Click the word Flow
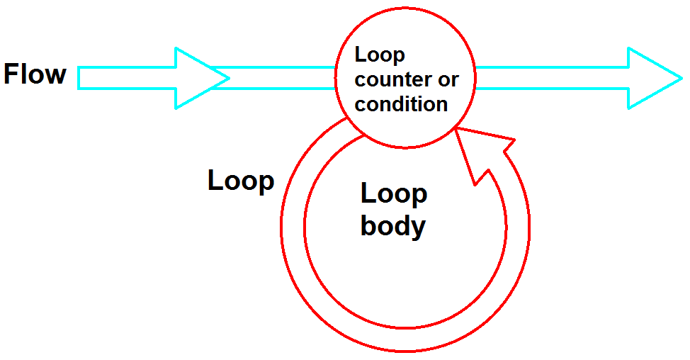click(x=35, y=74)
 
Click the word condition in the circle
click(x=401, y=104)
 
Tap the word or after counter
click(x=448, y=79)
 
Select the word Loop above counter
click(x=380, y=55)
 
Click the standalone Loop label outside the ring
click(x=240, y=181)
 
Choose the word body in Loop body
click(x=392, y=226)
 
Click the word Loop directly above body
click(x=394, y=193)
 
